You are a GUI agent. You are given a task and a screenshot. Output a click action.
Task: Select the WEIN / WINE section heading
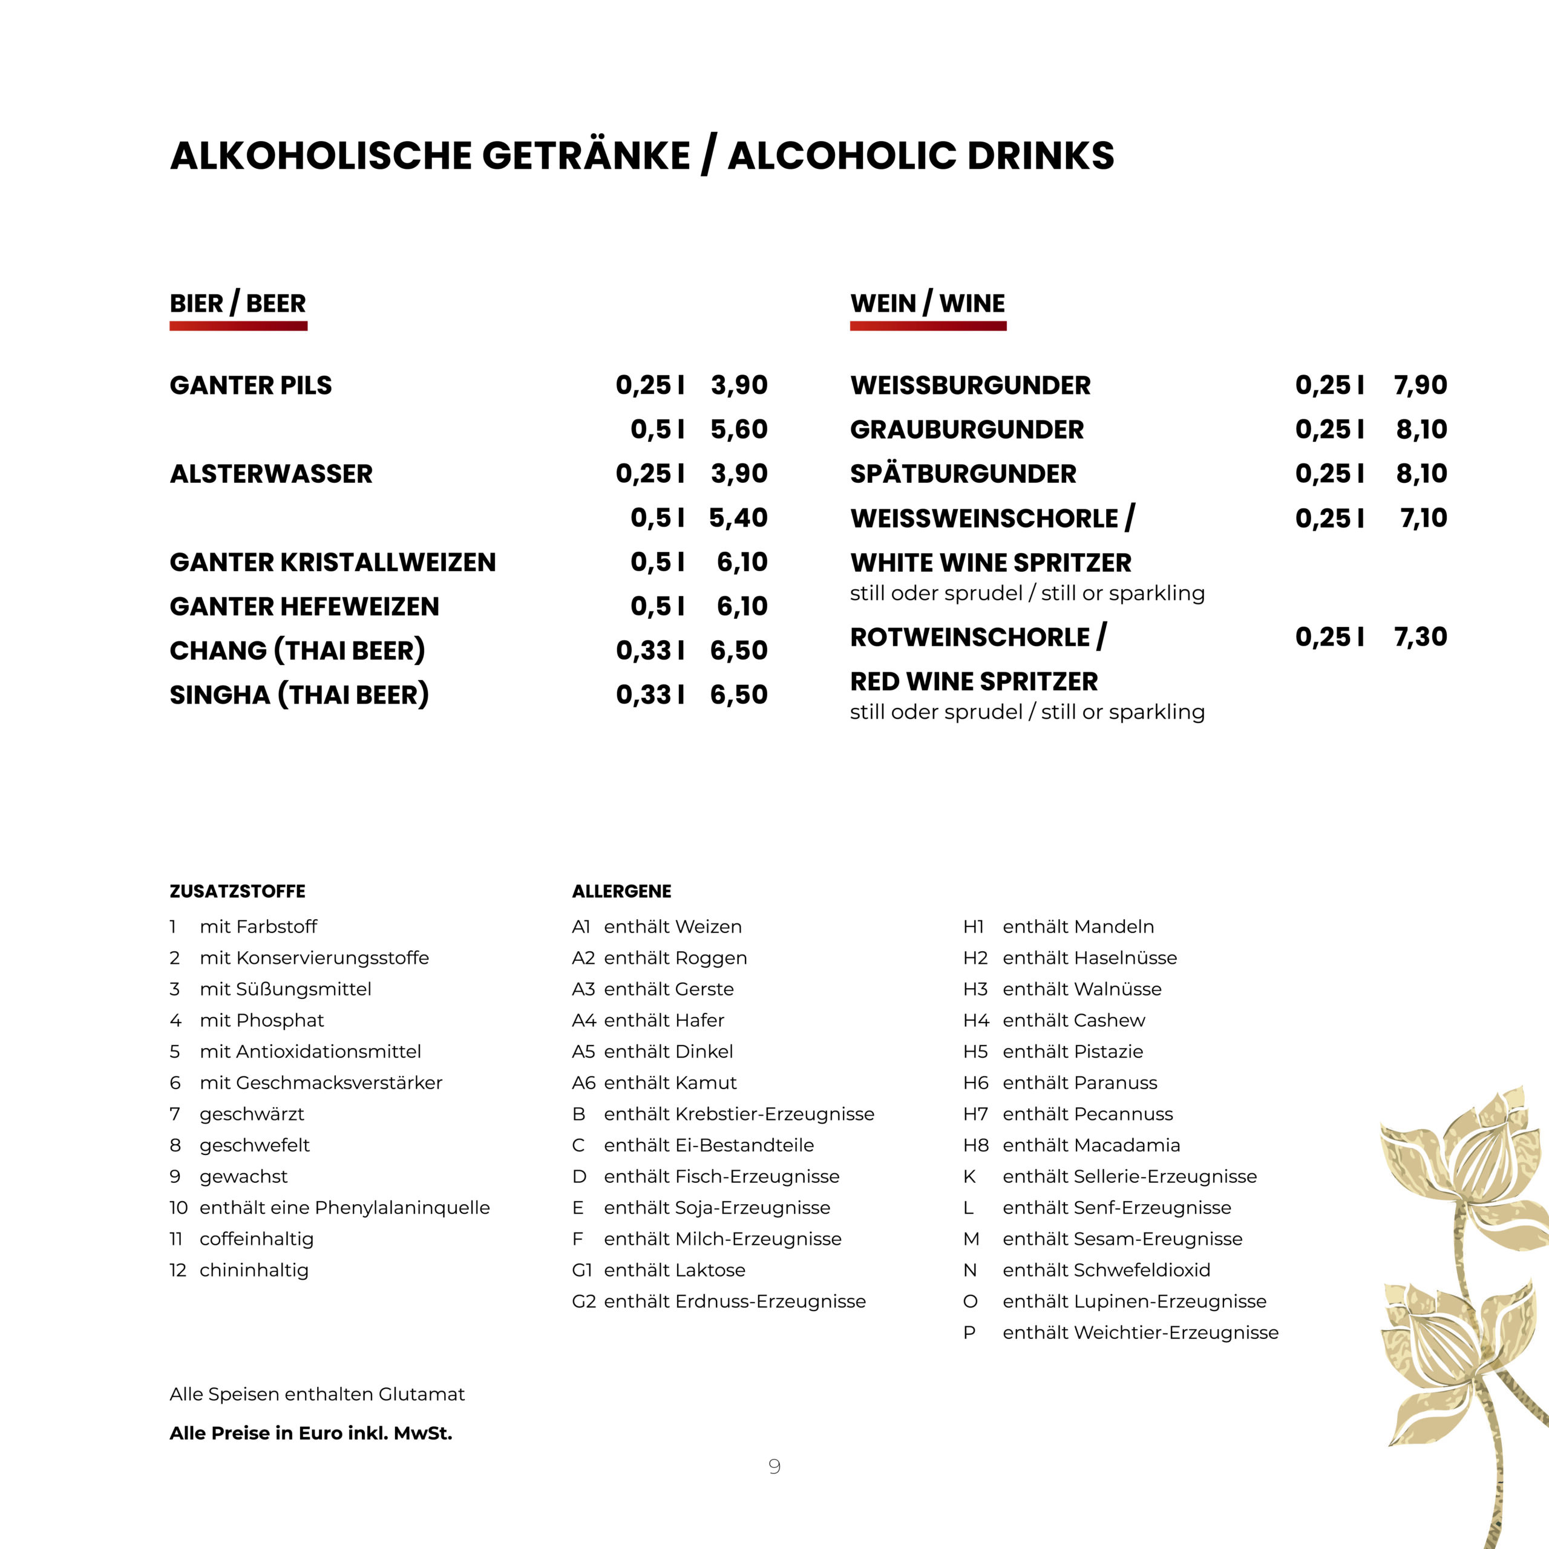(x=927, y=304)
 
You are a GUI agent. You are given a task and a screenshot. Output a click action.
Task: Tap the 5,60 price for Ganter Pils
(x=738, y=430)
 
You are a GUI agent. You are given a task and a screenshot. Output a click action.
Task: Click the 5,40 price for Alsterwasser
(x=738, y=518)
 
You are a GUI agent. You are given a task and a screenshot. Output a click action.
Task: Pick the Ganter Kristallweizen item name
(x=333, y=562)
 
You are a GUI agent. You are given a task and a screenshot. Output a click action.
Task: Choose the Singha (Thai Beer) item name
(x=299, y=694)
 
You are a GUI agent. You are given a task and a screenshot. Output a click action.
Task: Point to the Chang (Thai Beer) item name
(x=296, y=650)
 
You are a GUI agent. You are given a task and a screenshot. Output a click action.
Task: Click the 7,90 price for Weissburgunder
(x=1420, y=385)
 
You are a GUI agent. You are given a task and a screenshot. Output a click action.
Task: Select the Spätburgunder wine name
(x=962, y=474)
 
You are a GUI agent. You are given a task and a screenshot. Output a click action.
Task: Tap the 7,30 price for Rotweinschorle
(x=1420, y=637)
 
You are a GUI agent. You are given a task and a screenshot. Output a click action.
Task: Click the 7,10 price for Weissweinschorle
(x=1423, y=519)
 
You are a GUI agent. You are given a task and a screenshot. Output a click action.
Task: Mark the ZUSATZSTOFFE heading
(x=237, y=891)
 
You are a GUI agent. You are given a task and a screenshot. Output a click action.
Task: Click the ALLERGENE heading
(x=621, y=891)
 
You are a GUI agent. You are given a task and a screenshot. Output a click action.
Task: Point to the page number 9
(x=774, y=1467)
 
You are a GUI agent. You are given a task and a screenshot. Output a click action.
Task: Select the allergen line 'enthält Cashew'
(x=1073, y=1021)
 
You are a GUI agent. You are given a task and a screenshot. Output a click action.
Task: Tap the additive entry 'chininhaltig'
(x=254, y=1270)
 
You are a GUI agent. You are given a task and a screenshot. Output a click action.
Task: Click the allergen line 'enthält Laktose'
(x=673, y=1270)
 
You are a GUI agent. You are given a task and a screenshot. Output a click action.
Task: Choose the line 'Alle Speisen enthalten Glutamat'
(x=316, y=1394)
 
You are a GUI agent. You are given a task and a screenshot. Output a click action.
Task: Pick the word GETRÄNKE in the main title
(x=585, y=156)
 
